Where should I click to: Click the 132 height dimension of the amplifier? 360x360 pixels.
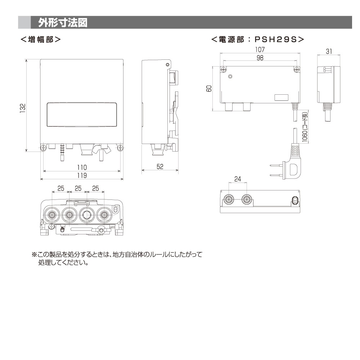(x=22, y=108)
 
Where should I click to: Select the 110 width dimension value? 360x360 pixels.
(x=82, y=167)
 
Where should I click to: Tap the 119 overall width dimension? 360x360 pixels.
(x=82, y=175)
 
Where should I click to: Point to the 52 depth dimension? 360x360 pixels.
(x=160, y=166)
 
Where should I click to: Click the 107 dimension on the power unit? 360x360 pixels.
(x=260, y=49)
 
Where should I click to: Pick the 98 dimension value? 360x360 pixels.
(x=260, y=58)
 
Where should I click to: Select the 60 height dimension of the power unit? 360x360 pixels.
(x=209, y=89)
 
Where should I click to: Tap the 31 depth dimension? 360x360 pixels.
(x=329, y=51)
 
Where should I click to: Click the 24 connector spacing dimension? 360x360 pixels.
(x=238, y=179)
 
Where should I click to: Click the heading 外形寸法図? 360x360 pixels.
(x=63, y=22)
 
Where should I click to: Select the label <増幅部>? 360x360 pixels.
(x=41, y=40)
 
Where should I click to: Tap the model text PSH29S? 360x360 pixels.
(x=276, y=40)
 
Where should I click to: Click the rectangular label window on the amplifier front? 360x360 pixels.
(x=82, y=114)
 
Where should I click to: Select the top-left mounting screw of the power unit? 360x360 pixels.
(x=223, y=69)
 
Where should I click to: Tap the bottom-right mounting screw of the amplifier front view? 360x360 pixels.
(x=120, y=148)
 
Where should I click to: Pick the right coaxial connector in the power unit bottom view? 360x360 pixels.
(x=247, y=200)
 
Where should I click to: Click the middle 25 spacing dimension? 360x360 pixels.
(x=78, y=188)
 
